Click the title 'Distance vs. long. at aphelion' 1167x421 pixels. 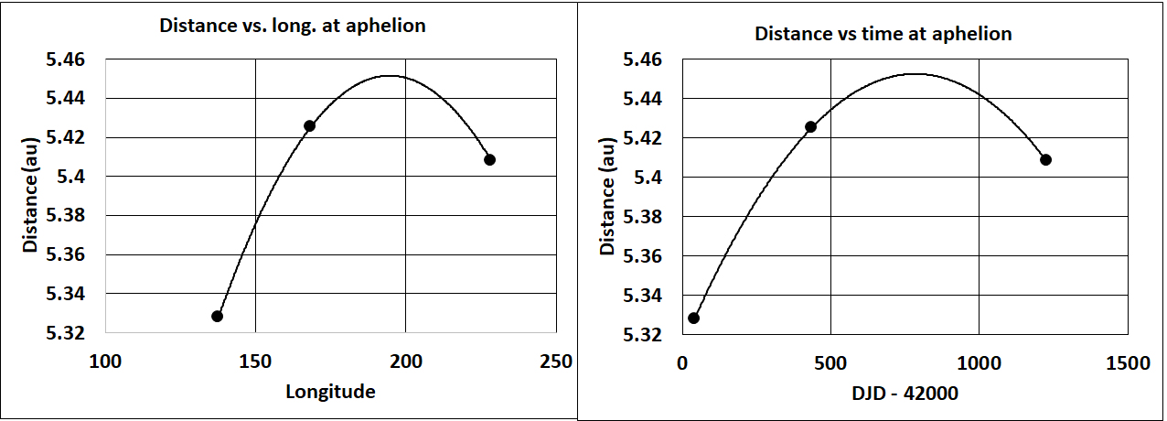tap(293, 26)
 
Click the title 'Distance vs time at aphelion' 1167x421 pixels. tap(883, 34)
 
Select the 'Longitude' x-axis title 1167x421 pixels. tap(330, 392)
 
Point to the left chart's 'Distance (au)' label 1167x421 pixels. tap(31, 196)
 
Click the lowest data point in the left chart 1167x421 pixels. tap(217, 316)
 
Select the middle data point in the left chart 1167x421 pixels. tap(309, 125)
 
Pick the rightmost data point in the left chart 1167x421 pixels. tap(489, 159)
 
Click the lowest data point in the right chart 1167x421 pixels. tap(693, 318)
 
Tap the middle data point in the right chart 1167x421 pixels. tap(809, 126)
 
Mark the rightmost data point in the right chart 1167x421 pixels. tap(1045, 159)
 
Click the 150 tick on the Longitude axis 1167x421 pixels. tap(255, 362)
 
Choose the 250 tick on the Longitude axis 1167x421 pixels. tap(555, 362)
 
